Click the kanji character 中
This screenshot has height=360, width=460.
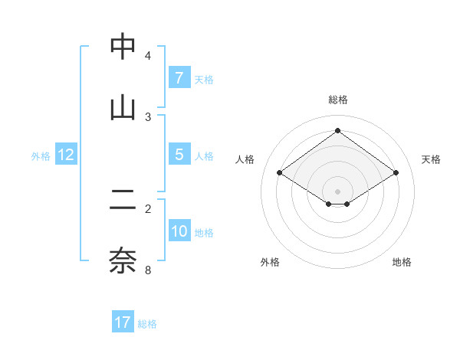point(123,47)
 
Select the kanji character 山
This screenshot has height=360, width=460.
point(123,108)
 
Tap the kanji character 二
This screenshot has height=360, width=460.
point(123,200)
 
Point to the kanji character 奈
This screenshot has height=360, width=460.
point(123,260)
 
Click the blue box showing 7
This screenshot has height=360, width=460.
point(179,78)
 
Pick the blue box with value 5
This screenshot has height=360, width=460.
point(179,155)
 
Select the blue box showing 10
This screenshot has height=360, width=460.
point(179,231)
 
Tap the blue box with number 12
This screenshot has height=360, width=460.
point(66,155)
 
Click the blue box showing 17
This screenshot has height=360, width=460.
point(123,322)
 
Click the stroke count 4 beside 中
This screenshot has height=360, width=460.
point(148,56)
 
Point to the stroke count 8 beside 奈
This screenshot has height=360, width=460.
point(148,270)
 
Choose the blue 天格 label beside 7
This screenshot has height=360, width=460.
point(204,79)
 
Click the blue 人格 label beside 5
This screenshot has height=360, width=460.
point(204,155)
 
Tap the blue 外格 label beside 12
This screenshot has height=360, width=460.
point(41,155)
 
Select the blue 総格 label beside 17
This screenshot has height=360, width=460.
point(147,323)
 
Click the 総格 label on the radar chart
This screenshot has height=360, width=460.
point(338,100)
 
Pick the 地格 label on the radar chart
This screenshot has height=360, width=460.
point(402,262)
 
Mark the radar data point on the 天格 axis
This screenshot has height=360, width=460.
point(396,173)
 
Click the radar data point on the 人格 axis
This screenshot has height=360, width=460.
point(280,173)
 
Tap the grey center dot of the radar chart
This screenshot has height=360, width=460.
point(337,191)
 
